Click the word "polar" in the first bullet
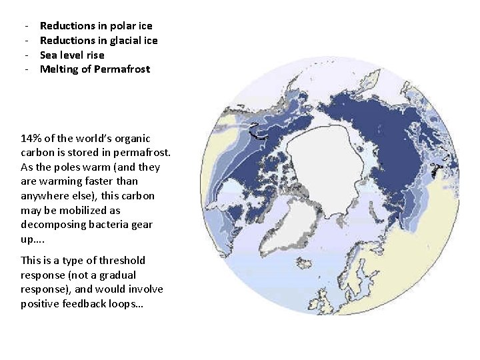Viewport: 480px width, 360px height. [x=121, y=26]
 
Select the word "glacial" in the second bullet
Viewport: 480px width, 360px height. [x=121, y=41]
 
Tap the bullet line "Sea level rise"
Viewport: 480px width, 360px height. [x=72, y=55]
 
